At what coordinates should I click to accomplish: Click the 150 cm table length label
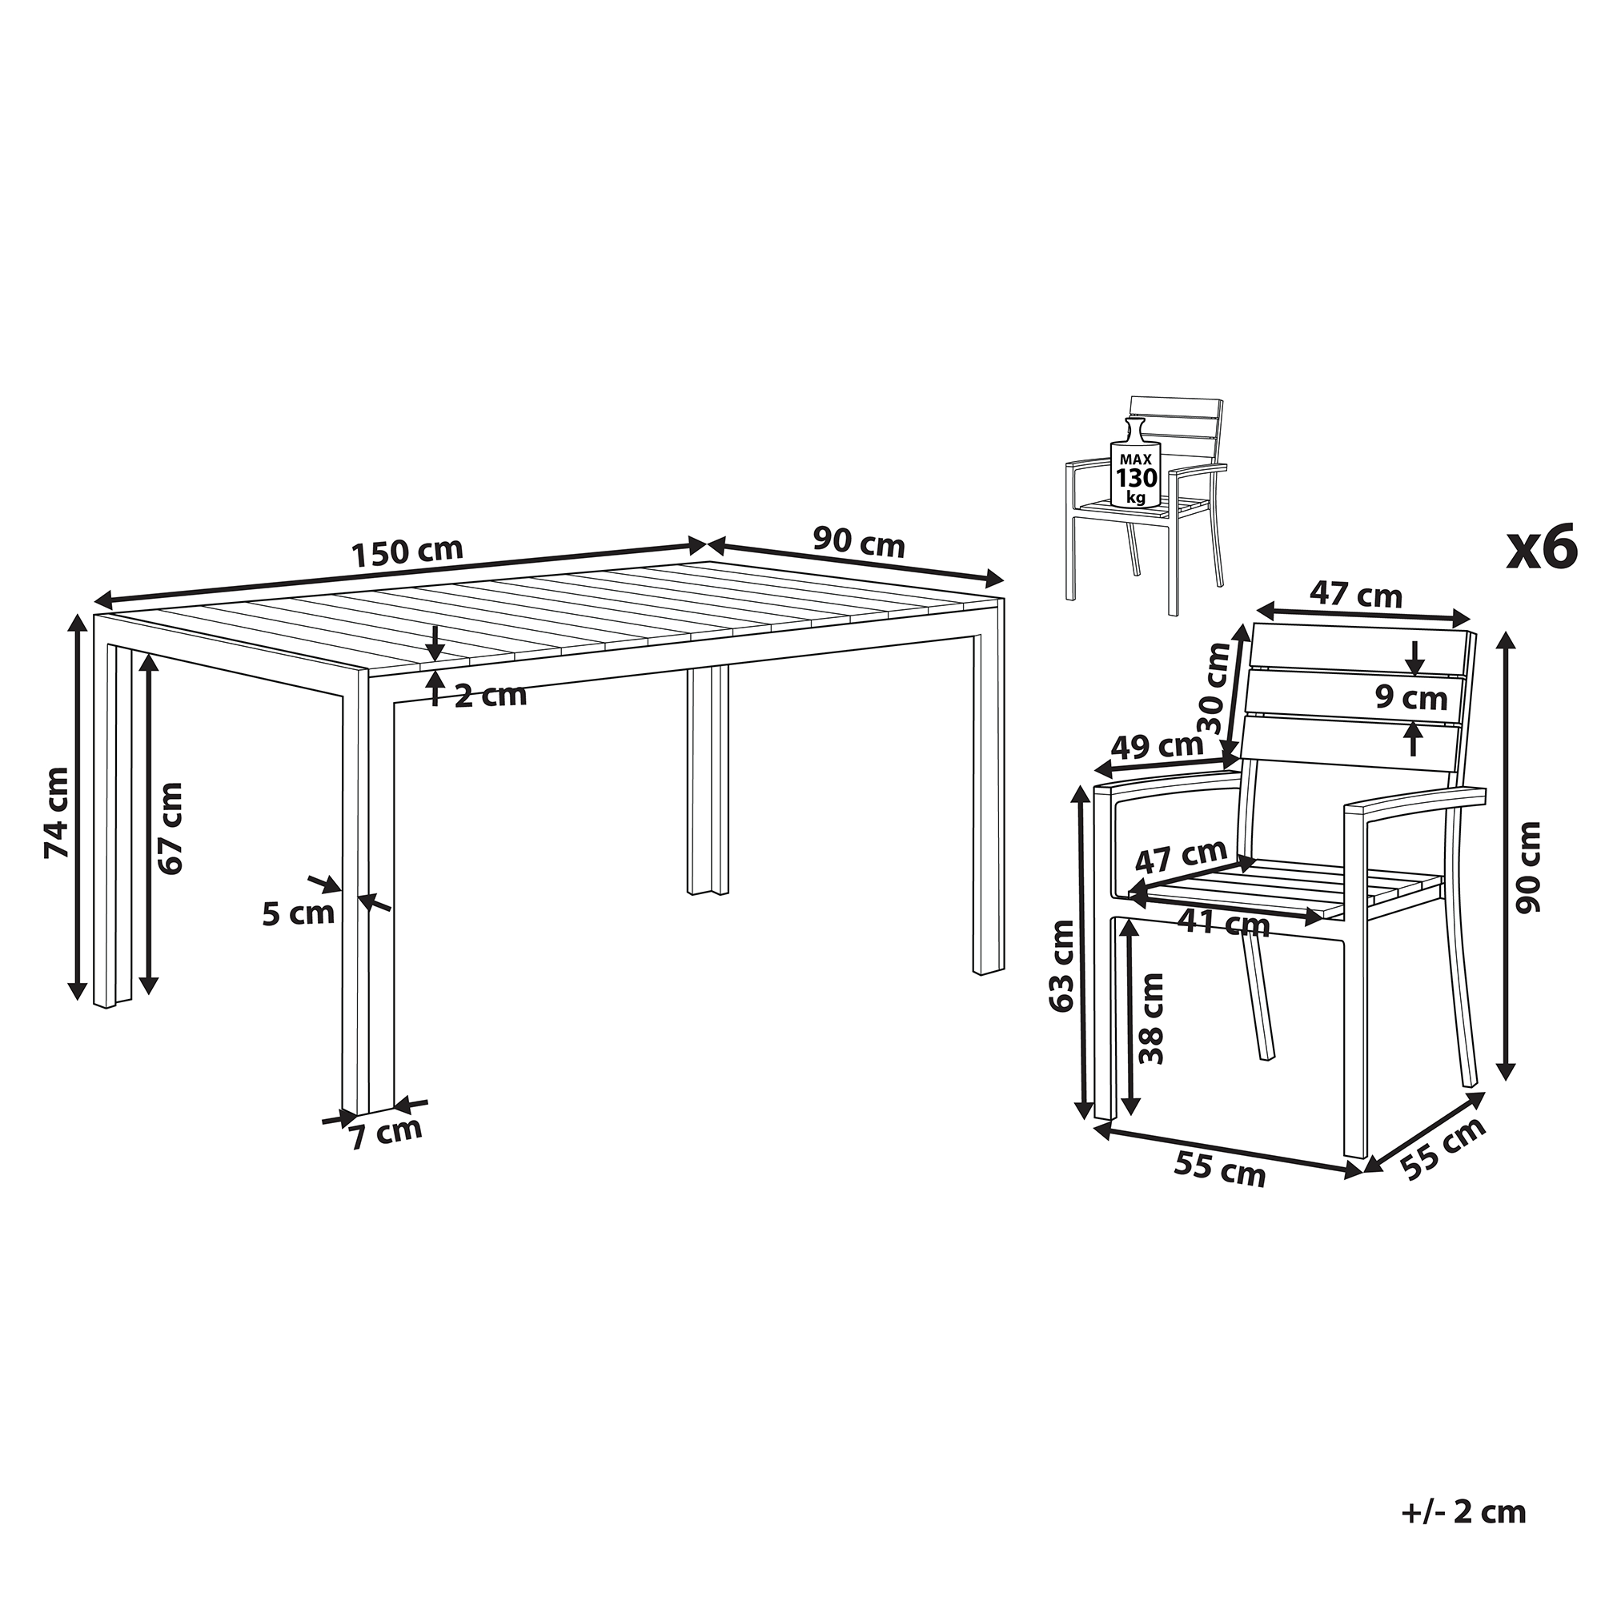coord(407,552)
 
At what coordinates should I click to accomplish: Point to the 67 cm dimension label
coord(170,827)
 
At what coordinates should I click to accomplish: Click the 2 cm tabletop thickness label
coord(492,696)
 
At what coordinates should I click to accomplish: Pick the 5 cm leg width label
coord(299,913)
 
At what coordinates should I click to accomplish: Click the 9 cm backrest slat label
coord(1411,698)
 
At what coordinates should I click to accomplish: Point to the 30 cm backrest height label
coord(1214,689)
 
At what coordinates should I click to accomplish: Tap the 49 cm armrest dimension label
coord(1157,747)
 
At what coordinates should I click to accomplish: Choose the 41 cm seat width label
coord(1224,923)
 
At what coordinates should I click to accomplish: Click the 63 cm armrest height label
coord(1061,965)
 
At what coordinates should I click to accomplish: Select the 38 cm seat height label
coord(1151,1019)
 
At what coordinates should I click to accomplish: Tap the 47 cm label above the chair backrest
coord(1356,595)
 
